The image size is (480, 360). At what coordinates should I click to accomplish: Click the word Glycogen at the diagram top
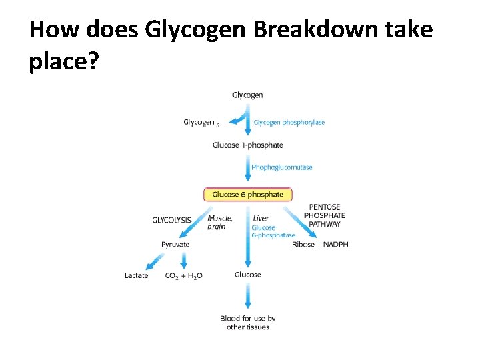click(x=247, y=95)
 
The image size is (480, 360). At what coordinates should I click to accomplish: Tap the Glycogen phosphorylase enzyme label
click(x=289, y=123)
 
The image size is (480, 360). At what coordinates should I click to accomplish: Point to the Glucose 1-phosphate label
click(x=247, y=145)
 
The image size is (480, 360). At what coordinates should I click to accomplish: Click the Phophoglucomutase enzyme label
click(x=281, y=167)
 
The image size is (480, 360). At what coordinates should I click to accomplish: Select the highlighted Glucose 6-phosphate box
click(x=247, y=195)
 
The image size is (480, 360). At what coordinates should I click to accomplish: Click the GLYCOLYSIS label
click(x=172, y=219)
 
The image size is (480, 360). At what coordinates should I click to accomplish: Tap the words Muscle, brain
click(x=219, y=222)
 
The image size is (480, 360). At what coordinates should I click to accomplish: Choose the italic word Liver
click(x=261, y=218)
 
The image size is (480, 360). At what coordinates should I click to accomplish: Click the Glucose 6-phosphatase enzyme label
click(x=273, y=231)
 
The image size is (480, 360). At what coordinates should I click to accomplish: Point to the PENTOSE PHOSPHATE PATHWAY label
click(x=325, y=215)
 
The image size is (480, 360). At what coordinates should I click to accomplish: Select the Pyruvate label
click(x=175, y=245)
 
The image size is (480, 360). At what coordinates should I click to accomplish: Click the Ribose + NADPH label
click(x=320, y=245)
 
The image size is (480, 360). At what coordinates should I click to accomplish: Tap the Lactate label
click(x=137, y=275)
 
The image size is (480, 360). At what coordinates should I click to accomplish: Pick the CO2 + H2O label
click(x=183, y=276)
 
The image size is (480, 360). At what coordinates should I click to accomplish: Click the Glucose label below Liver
click(x=247, y=275)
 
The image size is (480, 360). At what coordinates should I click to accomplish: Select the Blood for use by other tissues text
click(x=247, y=323)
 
